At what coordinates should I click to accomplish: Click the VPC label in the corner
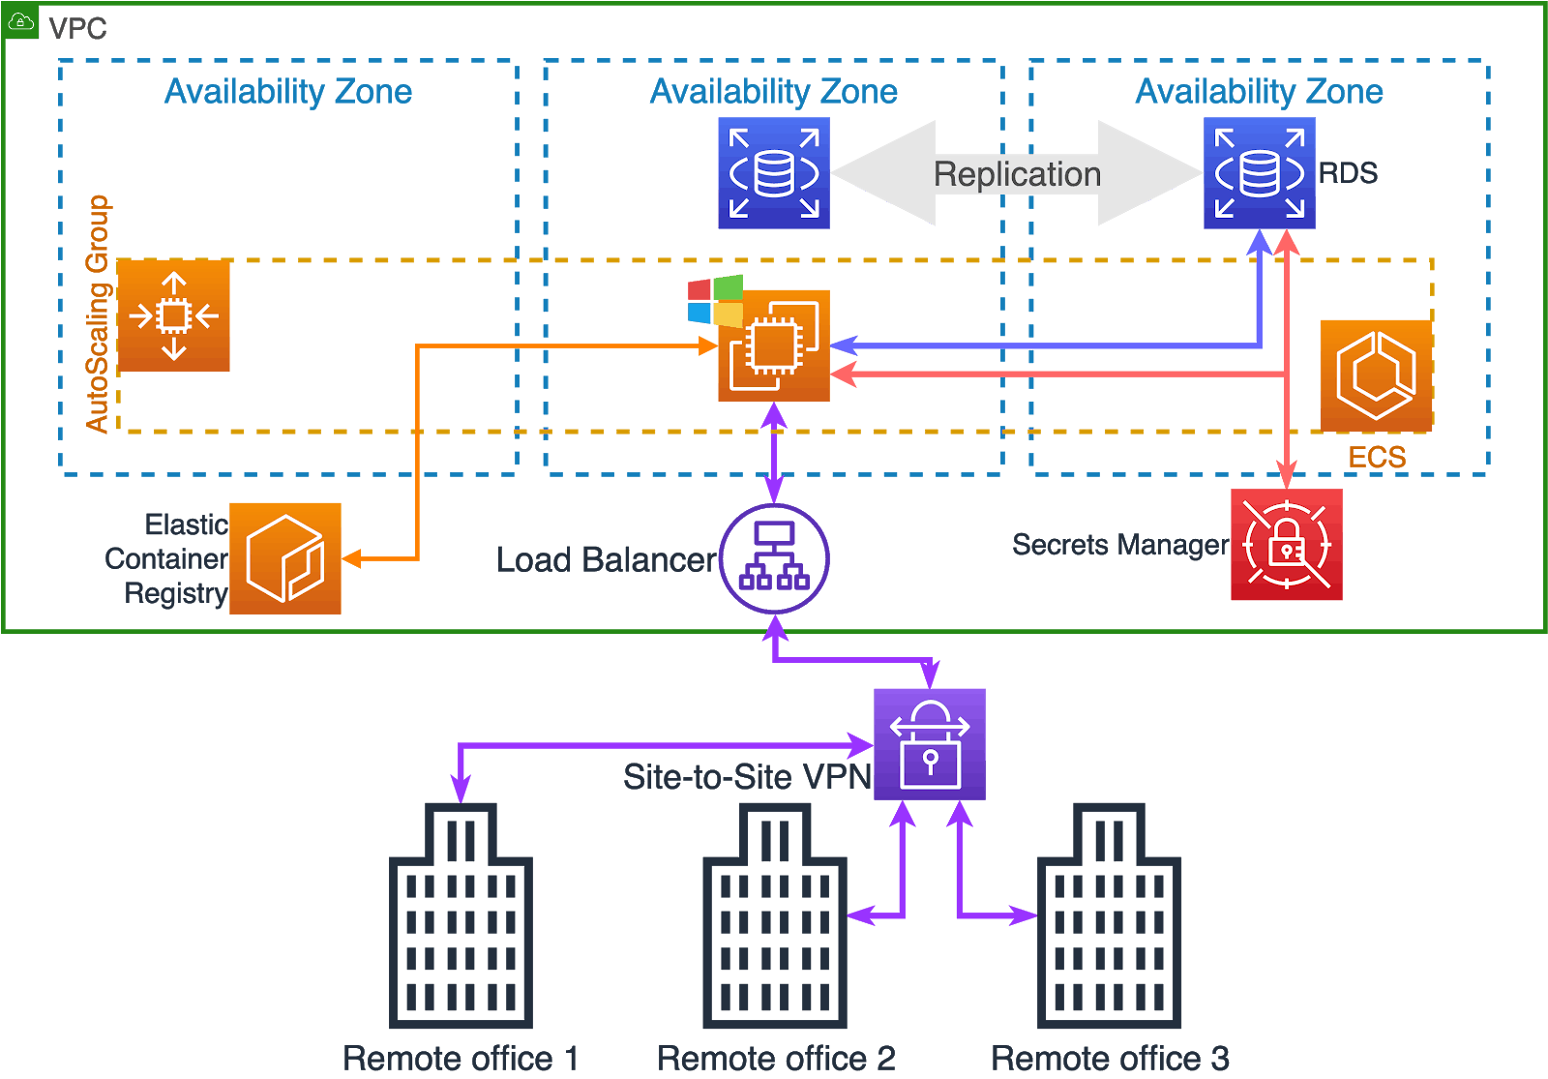click(77, 29)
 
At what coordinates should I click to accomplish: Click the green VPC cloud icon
click(21, 22)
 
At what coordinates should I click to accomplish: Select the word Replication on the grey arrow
click(1017, 174)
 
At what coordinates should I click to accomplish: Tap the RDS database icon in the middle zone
click(773, 173)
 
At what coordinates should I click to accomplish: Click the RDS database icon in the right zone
click(1259, 173)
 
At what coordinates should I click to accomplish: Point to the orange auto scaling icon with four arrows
click(174, 315)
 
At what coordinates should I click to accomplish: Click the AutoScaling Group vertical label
click(97, 314)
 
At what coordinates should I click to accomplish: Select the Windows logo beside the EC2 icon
click(715, 301)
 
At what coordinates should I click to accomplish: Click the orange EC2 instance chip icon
click(774, 345)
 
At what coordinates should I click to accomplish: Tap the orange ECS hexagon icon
click(1376, 375)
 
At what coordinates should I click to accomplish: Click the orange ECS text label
click(1377, 457)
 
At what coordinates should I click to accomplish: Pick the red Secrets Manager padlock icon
click(1286, 545)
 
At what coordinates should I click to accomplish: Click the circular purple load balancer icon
click(774, 558)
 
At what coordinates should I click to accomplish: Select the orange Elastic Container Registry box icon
click(285, 558)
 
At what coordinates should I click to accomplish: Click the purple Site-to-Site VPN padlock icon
click(929, 744)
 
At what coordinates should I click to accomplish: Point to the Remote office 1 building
click(461, 919)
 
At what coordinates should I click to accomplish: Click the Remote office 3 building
click(1109, 919)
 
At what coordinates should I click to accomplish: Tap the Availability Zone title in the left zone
click(288, 92)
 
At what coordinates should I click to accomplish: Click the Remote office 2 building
click(774, 919)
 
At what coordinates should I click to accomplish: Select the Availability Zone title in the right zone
click(1259, 92)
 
